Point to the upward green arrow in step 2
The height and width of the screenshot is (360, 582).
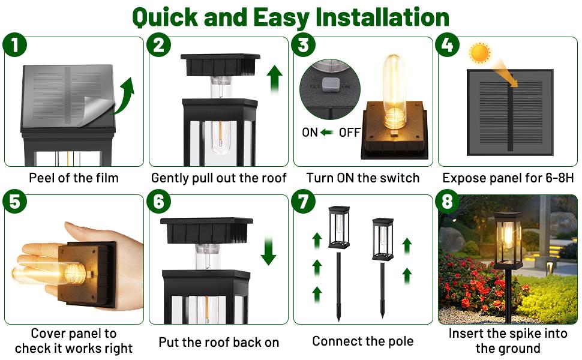275,79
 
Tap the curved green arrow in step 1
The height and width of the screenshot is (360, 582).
124,96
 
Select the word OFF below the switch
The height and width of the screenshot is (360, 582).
350,133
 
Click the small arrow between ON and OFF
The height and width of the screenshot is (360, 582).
328,133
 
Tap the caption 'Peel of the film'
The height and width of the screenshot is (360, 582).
74,178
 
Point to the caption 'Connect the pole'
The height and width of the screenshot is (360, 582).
362,341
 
